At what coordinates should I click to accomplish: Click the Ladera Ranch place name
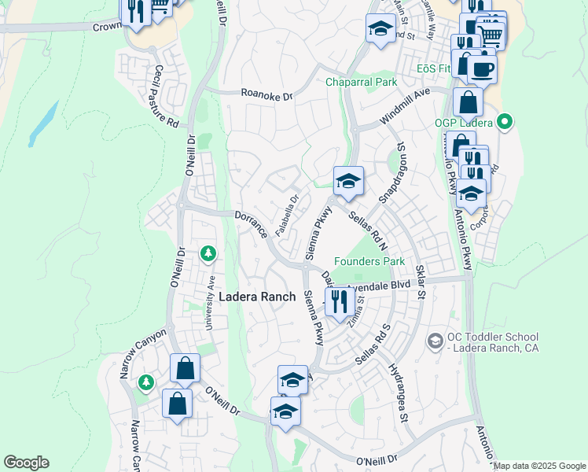tap(257, 297)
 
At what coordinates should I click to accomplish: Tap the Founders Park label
tap(369, 261)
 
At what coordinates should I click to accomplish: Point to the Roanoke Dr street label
tap(266, 95)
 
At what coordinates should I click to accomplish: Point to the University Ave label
tap(211, 301)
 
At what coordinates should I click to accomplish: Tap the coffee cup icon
tap(482, 68)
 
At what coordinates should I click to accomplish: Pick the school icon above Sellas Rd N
tap(348, 181)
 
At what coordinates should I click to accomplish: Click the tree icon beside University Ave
tap(208, 253)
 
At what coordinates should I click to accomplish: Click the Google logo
tap(26, 463)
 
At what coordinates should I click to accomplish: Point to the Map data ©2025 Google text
tap(539, 466)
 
